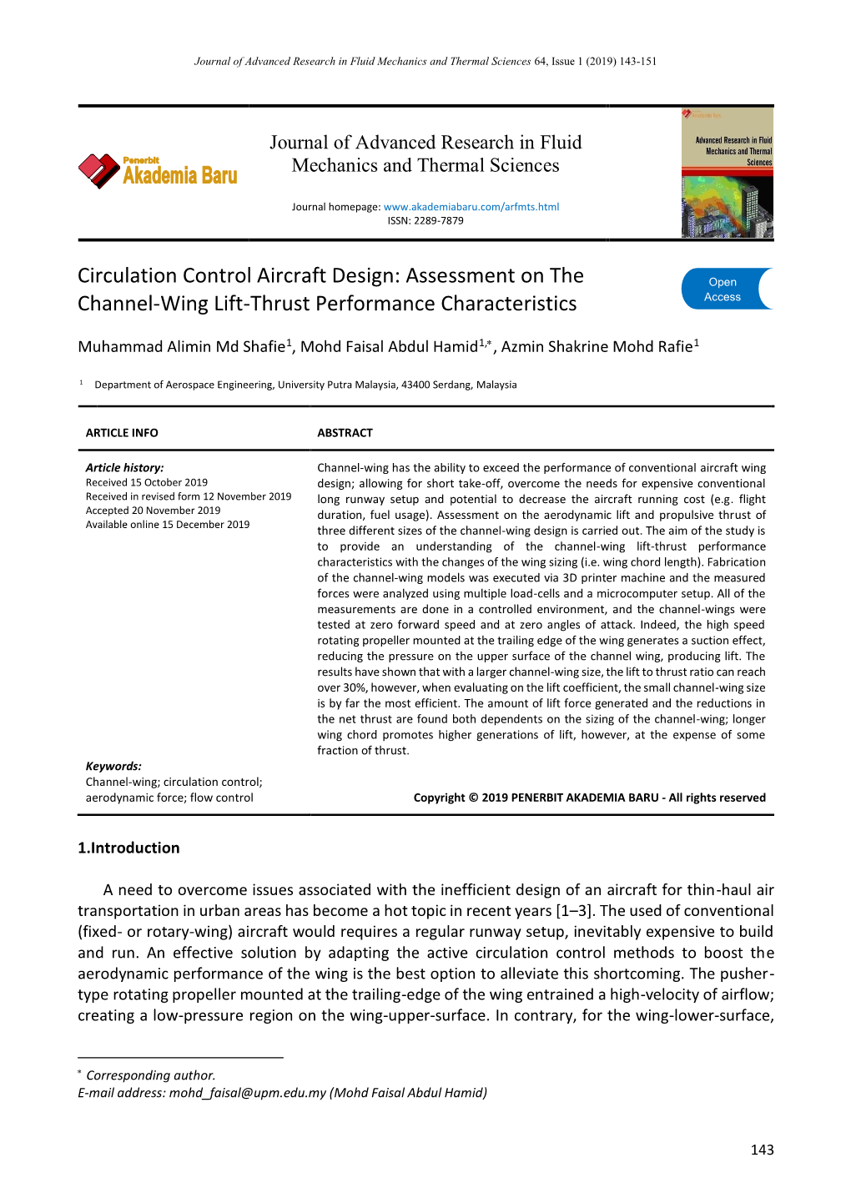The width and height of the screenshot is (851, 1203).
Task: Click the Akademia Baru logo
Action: pyautogui.click(x=159, y=171)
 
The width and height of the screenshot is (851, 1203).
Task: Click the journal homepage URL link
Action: pyautogui.click(x=471, y=207)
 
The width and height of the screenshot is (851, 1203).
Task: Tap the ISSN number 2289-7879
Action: pyautogui.click(x=438, y=221)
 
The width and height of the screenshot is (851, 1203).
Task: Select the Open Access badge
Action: pyautogui.click(x=726, y=289)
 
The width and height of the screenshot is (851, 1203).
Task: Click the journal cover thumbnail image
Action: pyautogui.click(x=727, y=174)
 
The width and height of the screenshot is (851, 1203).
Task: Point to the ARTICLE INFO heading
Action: pyautogui.click(x=122, y=433)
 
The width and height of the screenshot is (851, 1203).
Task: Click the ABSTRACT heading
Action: pyautogui.click(x=345, y=433)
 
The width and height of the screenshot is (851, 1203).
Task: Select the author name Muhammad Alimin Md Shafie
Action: pyautogui.click(x=182, y=347)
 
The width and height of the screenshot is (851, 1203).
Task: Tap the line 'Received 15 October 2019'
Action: pyautogui.click(x=147, y=483)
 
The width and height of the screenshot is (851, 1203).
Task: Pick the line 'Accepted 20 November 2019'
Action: pyautogui.click(x=153, y=511)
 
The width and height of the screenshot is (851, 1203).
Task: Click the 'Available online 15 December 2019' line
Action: pyautogui.click(x=168, y=525)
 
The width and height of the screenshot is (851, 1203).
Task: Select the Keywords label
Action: pyautogui.click(x=113, y=767)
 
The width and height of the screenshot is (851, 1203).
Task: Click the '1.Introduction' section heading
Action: pyautogui.click(x=128, y=848)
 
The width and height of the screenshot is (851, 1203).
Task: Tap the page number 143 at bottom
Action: pyautogui.click(x=762, y=1150)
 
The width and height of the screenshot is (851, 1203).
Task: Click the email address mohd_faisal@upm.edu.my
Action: pyautogui.click(x=247, y=1093)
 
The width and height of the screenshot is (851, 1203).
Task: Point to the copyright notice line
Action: pyautogui.click(x=589, y=798)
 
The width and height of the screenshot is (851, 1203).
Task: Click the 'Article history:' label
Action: pyautogui.click(x=124, y=468)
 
